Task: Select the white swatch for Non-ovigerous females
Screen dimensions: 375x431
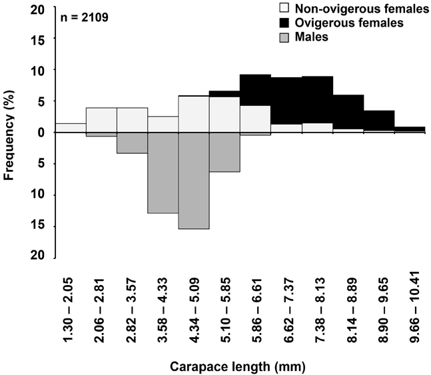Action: pyautogui.click(x=283, y=9)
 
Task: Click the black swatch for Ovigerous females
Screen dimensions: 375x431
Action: pyautogui.click(x=283, y=23)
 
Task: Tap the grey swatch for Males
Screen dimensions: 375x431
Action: pyautogui.click(x=283, y=37)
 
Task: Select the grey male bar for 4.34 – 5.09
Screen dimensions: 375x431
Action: pyautogui.click(x=194, y=181)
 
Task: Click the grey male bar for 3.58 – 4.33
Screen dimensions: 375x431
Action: pyautogui.click(x=163, y=173)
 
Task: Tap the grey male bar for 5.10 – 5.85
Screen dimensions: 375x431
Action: pyautogui.click(x=224, y=152)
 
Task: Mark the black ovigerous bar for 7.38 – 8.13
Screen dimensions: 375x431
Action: pyautogui.click(x=317, y=100)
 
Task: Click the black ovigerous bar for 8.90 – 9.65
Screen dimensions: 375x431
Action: pyautogui.click(x=379, y=121)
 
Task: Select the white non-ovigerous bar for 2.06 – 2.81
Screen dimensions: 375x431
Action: pyautogui.click(x=101, y=120)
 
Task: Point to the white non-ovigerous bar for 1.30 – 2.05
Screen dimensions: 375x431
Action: pyautogui.click(x=71, y=128)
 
